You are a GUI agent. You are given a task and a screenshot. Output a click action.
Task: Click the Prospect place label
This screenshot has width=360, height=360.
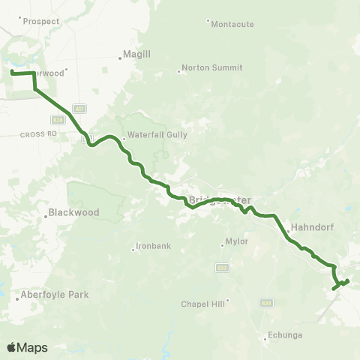[40, 22]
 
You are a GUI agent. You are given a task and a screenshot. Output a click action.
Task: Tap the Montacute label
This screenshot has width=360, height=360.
[232, 24]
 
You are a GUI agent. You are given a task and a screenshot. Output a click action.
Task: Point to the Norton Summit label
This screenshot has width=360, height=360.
[212, 67]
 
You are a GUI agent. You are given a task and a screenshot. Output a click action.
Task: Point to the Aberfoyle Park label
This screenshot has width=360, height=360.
[54, 295]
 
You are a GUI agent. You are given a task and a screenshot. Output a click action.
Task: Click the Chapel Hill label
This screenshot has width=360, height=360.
[202, 304]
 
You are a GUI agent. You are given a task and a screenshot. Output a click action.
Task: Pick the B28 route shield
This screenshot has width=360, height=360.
[57, 119]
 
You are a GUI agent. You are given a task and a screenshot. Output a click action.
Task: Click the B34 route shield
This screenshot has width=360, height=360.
[265, 302]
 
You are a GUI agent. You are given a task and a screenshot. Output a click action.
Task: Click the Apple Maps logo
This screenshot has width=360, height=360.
[27, 347]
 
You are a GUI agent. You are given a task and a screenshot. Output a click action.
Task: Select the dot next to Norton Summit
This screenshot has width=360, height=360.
[179, 72]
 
